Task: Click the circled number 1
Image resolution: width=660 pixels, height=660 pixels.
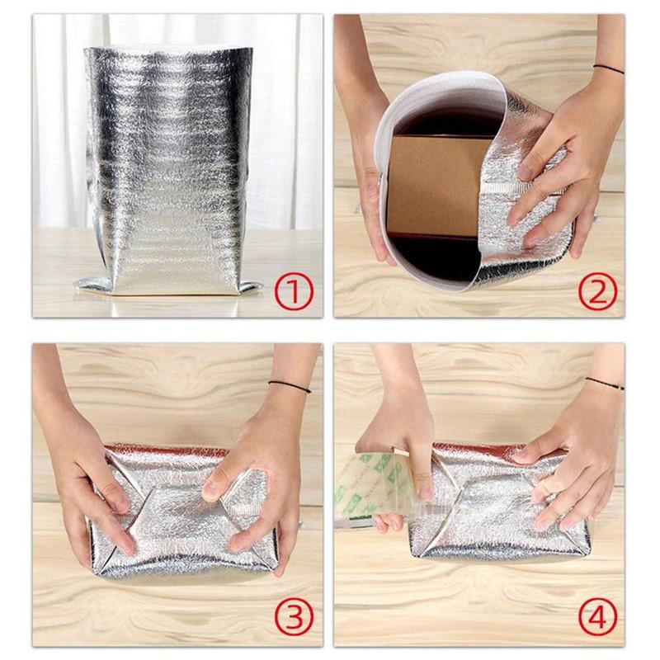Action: tap(295, 292)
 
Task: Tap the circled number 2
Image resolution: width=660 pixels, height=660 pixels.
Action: tap(597, 292)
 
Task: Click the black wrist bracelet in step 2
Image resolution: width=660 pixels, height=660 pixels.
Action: tap(609, 68)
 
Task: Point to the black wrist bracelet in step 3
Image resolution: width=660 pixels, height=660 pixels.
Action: tap(290, 386)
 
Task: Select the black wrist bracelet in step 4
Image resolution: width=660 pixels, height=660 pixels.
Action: tap(605, 383)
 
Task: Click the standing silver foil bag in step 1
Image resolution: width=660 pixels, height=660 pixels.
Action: tap(168, 168)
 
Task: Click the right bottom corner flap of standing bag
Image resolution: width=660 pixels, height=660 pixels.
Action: tap(251, 287)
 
